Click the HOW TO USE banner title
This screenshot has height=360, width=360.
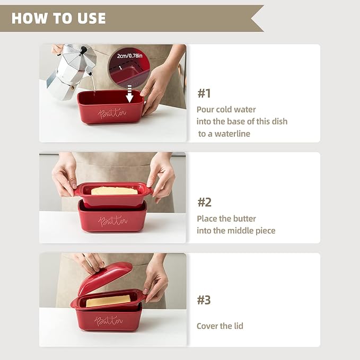coord(58,18)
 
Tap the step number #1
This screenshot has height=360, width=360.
coord(204,93)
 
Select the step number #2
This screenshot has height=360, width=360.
coord(204,203)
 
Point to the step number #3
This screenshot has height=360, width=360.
coord(204,300)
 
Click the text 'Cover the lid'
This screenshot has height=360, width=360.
coord(219,326)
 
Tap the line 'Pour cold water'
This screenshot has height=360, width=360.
coord(226,110)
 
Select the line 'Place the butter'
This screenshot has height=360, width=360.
coord(226,218)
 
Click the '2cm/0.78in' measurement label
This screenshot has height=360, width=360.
coord(129,56)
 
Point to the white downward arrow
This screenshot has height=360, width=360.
coord(129,94)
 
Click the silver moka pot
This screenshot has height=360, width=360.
coord(71,71)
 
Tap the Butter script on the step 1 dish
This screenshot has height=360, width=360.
coord(112,113)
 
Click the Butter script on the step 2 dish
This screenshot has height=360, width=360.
coord(112,221)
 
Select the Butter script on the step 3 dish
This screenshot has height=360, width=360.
coord(108,320)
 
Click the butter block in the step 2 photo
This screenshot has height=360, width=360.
coord(115,191)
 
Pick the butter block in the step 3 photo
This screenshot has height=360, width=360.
coord(108,301)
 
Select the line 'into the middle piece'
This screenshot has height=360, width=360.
coord(236,231)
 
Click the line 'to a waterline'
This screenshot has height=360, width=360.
coord(224,134)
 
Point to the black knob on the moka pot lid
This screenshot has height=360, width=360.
coord(83,50)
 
